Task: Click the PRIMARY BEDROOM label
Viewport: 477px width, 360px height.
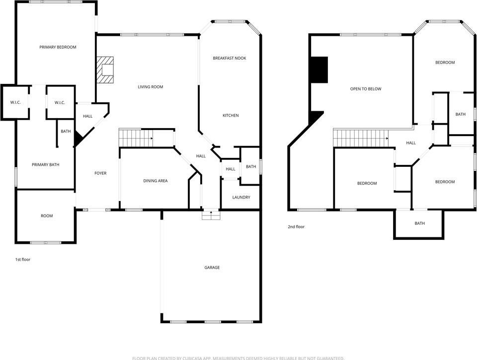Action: [58, 47]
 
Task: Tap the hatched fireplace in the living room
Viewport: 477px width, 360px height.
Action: [105, 70]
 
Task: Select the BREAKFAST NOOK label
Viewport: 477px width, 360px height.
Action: [230, 58]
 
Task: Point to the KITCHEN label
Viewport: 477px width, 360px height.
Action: [231, 116]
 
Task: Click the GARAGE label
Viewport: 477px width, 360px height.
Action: [212, 268]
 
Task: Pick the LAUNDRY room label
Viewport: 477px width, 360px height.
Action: [241, 197]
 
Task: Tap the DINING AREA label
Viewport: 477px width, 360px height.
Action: [156, 181]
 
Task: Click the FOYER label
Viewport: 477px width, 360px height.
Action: [100, 173]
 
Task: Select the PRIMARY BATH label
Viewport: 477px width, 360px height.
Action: [46, 165]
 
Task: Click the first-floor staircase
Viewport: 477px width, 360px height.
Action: [136, 138]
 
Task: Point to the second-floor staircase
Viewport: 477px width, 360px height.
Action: [361, 138]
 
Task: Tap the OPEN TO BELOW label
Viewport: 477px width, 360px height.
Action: [366, 89]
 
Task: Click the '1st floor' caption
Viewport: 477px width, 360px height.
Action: [23, 260]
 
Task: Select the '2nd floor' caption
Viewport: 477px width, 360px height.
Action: [296, 227]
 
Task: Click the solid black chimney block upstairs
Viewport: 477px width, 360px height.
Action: [319, 70]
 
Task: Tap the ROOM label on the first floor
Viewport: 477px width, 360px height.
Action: [47, 216]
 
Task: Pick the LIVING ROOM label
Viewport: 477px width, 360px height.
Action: [150, 87]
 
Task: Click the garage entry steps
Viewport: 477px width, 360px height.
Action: [211, 215]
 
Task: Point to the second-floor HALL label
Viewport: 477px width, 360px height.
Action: [411, 143]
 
